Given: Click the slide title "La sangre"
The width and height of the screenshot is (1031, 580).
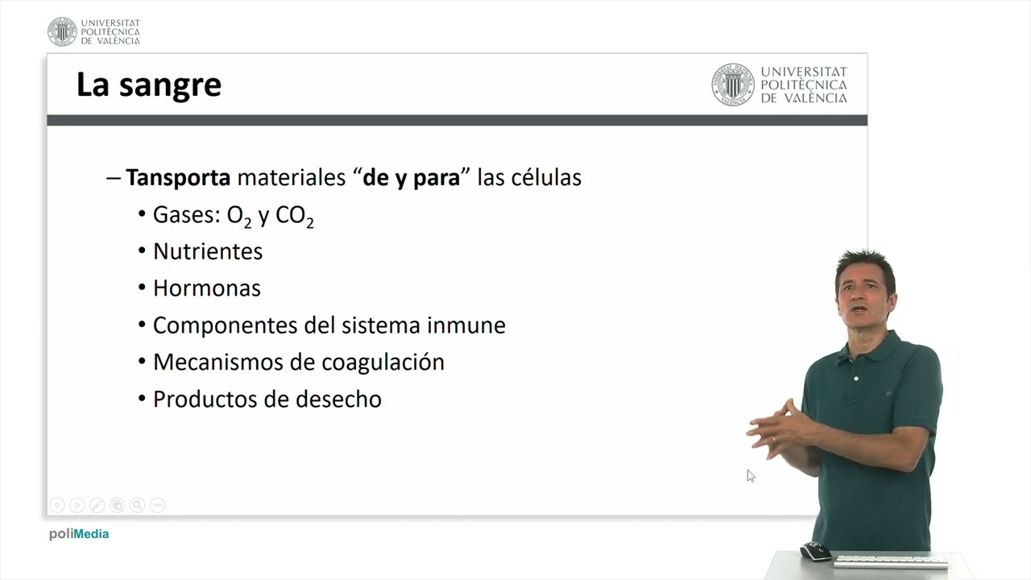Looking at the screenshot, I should [148, 85].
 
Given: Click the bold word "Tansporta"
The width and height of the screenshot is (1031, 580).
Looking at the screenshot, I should [178, 177].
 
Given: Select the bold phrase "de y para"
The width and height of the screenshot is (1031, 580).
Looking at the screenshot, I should [411, 177].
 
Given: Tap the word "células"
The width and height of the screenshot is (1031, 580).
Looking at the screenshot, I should [546, 177].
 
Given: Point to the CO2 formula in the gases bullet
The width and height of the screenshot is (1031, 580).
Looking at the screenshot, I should [294, 216].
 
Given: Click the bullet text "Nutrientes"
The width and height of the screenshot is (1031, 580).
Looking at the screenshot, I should [208, 251].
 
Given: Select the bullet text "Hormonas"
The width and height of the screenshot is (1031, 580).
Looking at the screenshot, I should [206, 288].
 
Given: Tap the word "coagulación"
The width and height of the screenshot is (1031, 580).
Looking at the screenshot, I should [383, 362].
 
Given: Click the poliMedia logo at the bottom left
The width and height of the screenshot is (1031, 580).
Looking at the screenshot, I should [78, 534].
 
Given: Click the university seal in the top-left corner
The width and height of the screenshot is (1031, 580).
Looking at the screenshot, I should [62, 31].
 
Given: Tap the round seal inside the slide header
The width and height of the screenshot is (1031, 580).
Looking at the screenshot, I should [732, 85].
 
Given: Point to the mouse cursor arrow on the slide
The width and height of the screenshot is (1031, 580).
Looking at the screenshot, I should [750, 475].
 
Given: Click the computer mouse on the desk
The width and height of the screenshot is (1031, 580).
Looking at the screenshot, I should [815, 552].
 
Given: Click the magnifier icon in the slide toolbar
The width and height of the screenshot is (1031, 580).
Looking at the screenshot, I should [138, 505].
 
